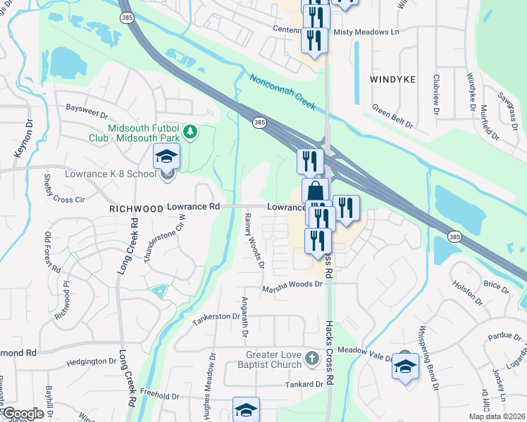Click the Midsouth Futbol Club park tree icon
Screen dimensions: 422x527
tap(190, 132)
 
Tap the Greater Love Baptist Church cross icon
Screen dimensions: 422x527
tap(312, 360)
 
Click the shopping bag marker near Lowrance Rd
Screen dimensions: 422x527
tap(315, 191)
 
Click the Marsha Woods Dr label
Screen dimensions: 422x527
tap(292, 285)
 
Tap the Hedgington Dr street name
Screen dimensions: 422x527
tap(90, 362)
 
